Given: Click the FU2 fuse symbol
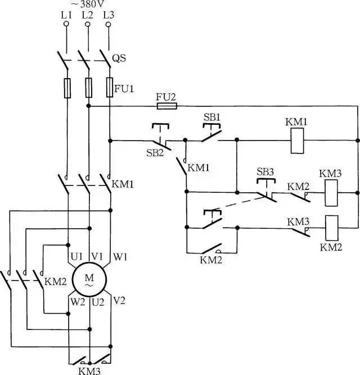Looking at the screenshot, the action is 167,106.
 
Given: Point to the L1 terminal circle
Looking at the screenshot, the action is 66,24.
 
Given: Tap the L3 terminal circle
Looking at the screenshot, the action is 109,24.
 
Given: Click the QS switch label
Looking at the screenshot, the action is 119,58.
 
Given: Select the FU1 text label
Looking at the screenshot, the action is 124,89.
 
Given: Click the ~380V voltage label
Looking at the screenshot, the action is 88,4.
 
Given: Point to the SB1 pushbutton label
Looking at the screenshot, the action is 211,118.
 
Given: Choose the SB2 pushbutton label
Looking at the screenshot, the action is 155,153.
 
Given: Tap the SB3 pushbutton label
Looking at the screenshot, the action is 265,172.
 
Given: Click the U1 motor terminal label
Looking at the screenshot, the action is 76,257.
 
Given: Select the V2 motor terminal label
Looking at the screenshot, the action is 119,301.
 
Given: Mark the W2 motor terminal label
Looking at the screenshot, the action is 77,302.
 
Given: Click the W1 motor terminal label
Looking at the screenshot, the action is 120,257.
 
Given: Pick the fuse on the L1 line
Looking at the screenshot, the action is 67,88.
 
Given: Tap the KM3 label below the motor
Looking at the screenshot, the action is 89,371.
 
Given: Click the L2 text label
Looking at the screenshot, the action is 87,15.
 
